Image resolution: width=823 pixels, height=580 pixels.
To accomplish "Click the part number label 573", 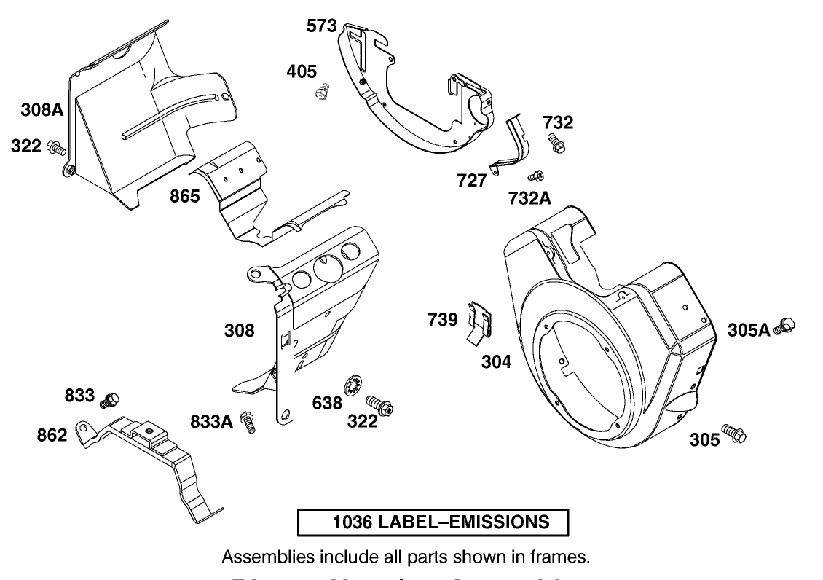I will [x=321, y=27].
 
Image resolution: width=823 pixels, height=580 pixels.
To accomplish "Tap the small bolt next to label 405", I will [x=320, y=92].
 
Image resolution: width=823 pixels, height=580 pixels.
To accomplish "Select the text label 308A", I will [x=42, y=111].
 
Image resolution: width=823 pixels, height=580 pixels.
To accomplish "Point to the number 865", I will [x=185, y=197].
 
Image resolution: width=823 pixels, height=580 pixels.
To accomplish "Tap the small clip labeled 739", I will [x=479, y=321].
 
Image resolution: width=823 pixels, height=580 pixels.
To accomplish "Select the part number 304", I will [x=497, y=361].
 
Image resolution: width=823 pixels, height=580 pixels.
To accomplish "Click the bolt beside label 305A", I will [x=784, y=326].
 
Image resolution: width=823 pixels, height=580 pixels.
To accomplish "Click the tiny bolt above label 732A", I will [x=536, y=176].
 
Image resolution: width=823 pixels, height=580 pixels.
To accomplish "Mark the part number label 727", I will [x=472, y=181].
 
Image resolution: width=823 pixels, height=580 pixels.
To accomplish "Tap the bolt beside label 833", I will [x=111, y=399].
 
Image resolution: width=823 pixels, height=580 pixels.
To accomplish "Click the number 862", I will [x=52, y=435].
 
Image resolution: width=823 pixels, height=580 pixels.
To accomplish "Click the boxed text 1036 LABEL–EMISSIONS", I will [x=432, y=522].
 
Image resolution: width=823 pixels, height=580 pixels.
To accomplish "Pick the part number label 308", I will [x=239, y=331].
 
